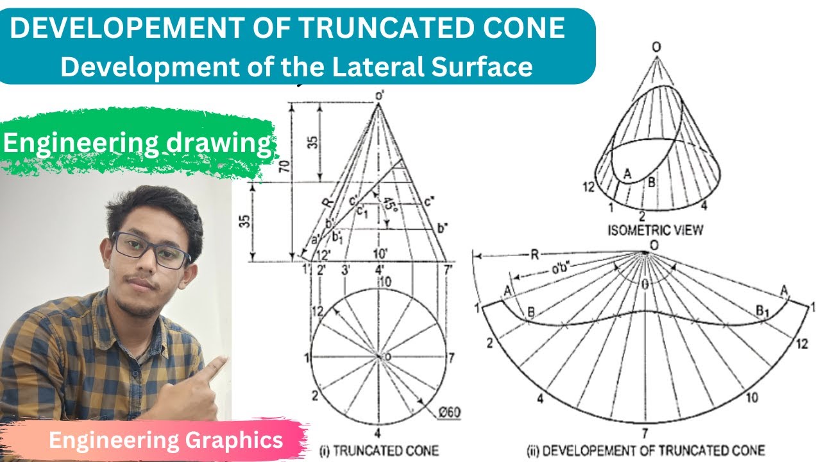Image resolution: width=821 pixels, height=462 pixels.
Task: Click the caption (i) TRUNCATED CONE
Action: coord(379,450)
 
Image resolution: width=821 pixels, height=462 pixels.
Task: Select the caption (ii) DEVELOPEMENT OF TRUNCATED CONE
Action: coord(646,450)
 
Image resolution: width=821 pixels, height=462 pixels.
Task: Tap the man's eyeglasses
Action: coord(150,250)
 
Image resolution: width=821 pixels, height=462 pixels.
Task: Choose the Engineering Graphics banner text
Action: coord(165,440)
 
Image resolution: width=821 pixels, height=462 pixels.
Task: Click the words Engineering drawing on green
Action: coord(137,143)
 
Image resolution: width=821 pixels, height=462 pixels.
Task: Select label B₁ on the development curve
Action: coord(761,312)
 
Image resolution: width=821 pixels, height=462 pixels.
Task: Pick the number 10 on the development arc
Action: coord(751,398)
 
